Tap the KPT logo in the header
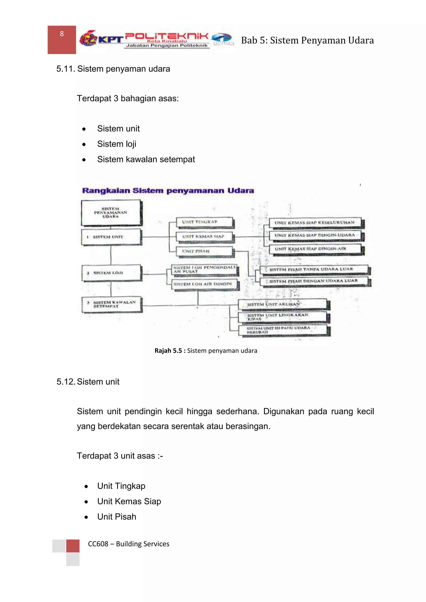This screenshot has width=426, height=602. (x=101, y=39)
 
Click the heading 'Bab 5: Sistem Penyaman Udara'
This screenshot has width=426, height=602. (x=307, y=40)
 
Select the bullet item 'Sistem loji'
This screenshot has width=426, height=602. (x=116, y=144)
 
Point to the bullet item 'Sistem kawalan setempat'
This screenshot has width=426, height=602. (x=146, y=159)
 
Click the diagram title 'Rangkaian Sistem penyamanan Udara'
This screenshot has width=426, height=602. (x=168, y=191)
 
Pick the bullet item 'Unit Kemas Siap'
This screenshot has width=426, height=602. (x=129, y=502)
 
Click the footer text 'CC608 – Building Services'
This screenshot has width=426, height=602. (x=129, y=544)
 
